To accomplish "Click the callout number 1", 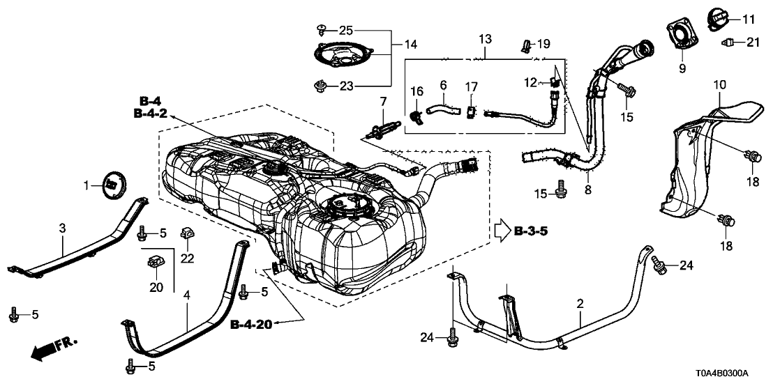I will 87,185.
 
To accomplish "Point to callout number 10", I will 719,85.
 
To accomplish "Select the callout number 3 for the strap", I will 62,229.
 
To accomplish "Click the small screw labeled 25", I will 322,29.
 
